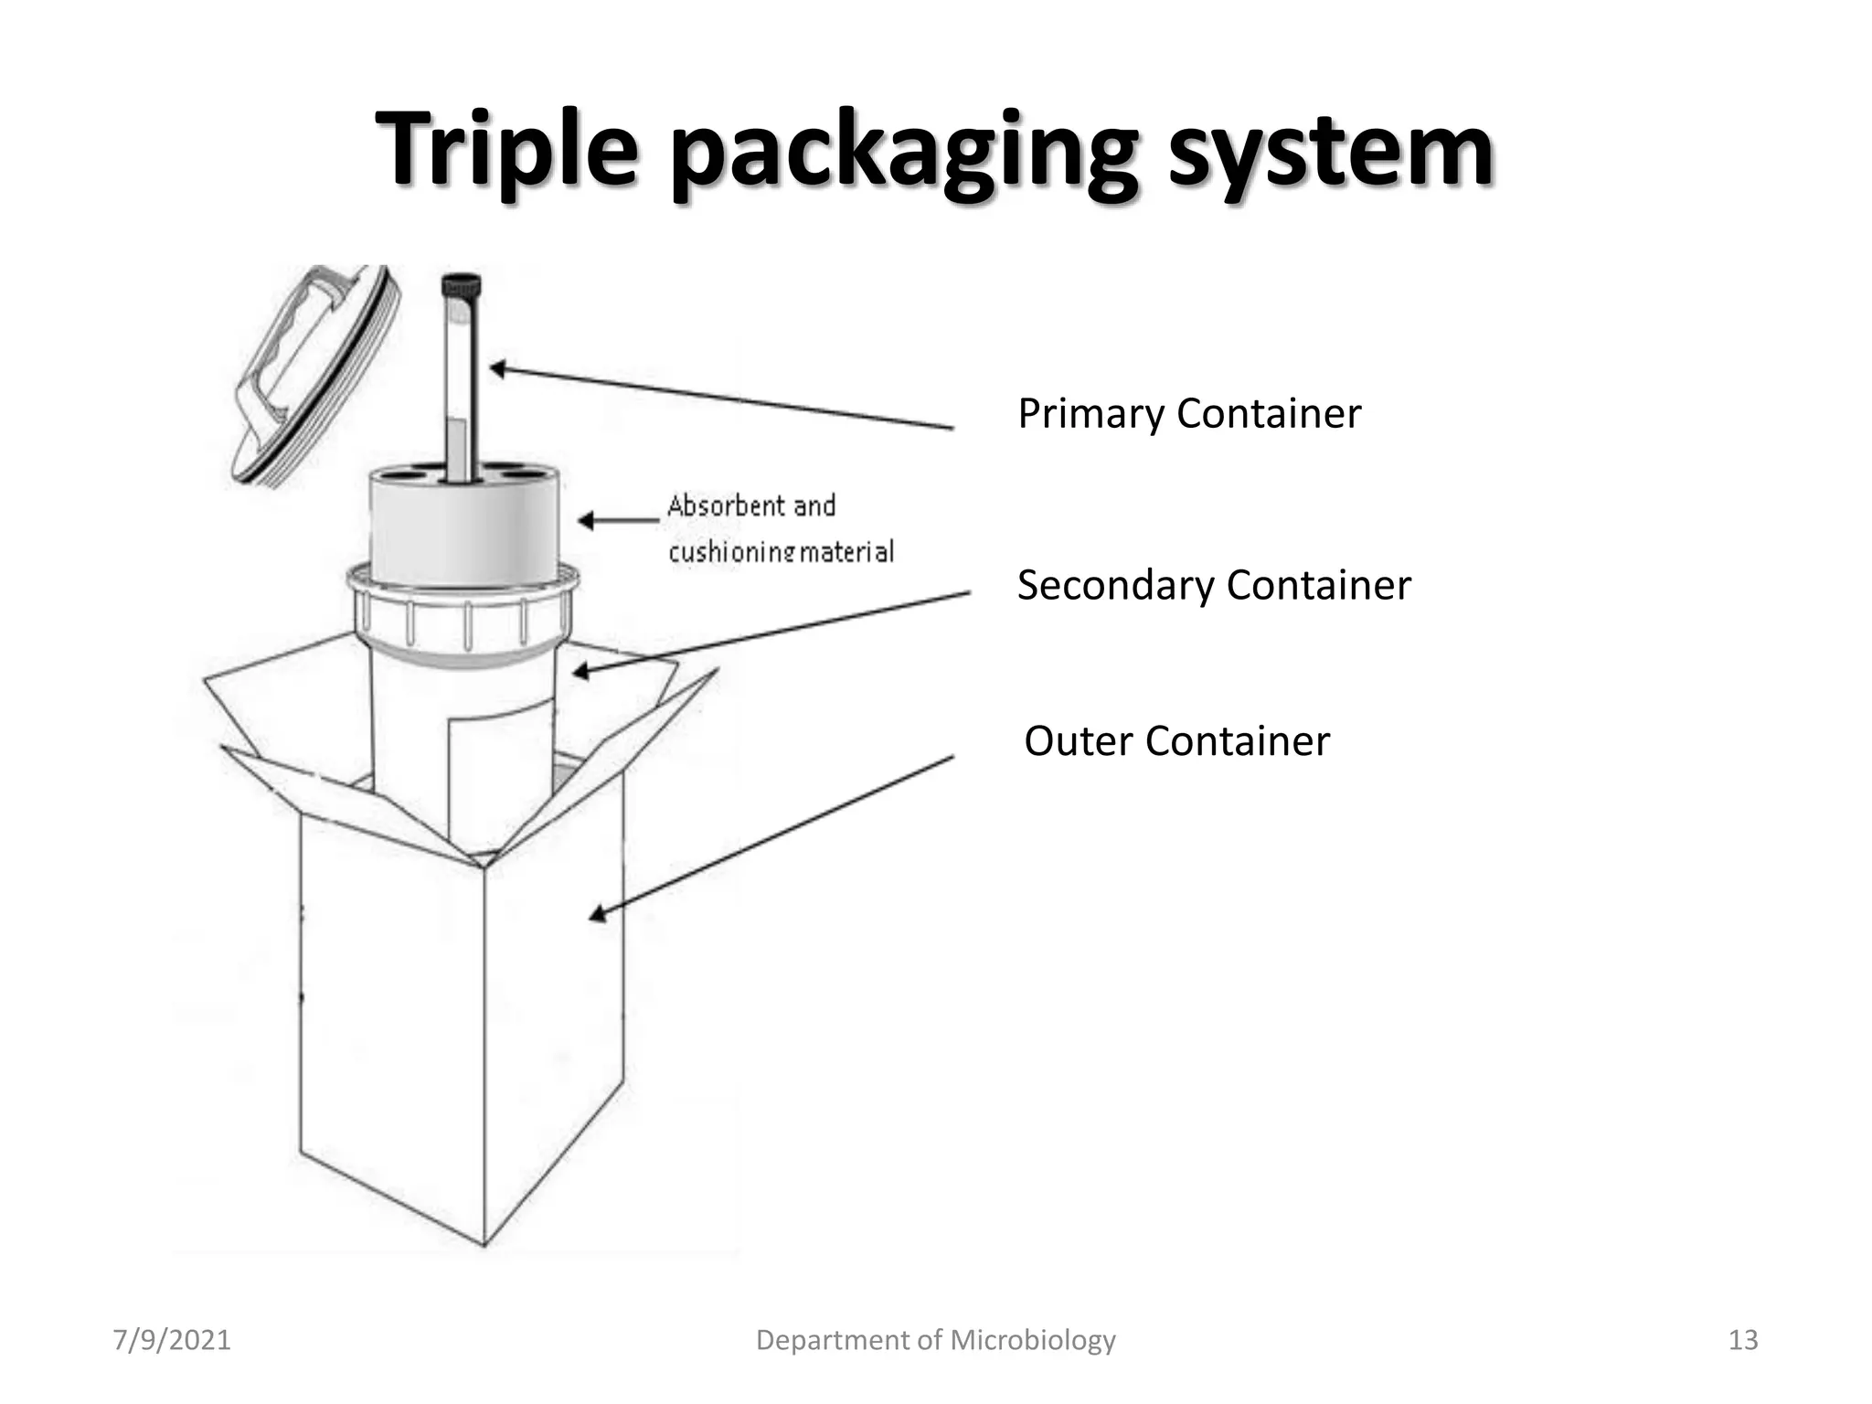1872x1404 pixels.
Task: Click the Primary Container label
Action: pos(1188,413)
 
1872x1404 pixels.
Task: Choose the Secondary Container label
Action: pos(1213,585)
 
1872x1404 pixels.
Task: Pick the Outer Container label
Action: pos(1175,740)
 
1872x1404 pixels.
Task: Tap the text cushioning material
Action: pos(780,551)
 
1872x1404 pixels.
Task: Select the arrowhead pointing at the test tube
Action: pos(498,369)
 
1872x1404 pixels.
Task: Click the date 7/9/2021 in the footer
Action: pos(171,1340)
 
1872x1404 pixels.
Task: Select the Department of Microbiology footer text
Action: pos(935,1340)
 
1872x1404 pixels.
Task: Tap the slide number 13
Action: pos(1742,1340)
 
